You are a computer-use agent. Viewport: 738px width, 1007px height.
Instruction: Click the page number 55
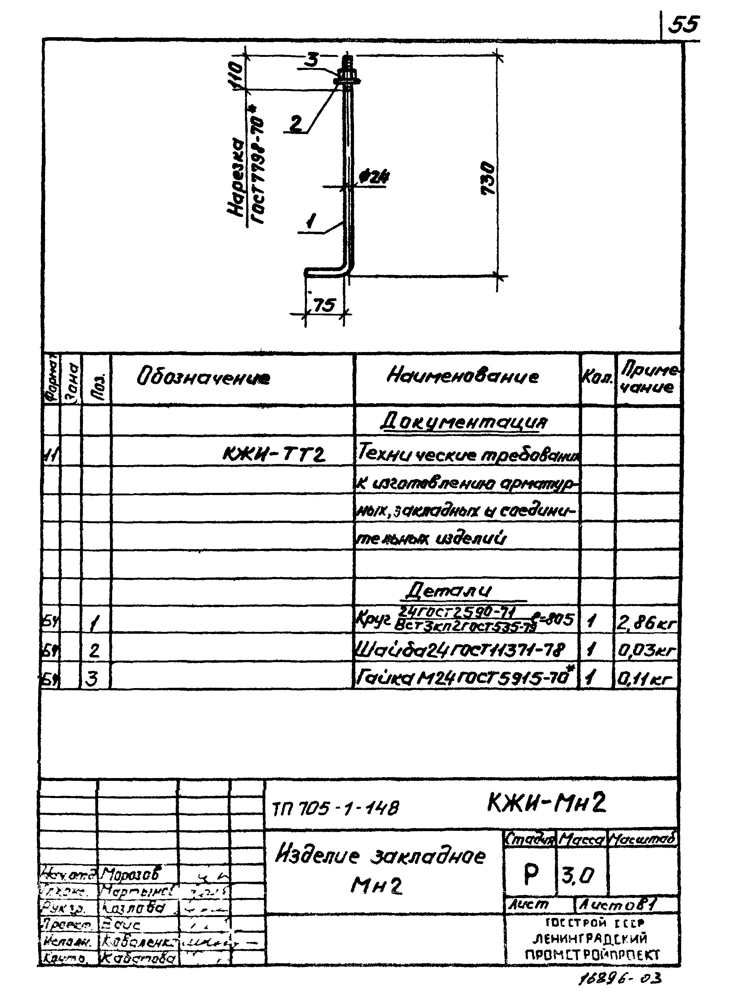tap(684, 25)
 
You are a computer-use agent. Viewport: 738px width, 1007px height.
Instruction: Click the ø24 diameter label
tap(374, 177)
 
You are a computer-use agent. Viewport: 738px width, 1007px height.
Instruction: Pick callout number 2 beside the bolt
tap(296, 124)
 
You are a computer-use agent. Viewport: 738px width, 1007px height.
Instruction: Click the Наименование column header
tap(463, 376)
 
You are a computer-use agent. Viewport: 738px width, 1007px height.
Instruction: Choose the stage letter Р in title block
tap(531, 874)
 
